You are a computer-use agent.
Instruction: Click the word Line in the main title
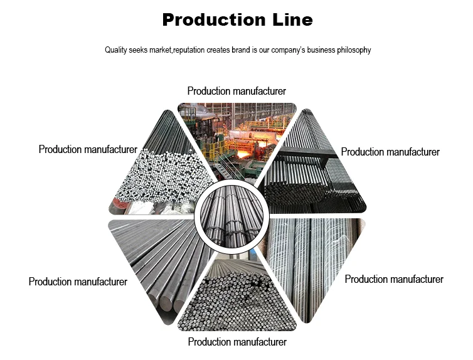coord(290,20)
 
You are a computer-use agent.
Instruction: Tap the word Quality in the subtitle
coord(117,50)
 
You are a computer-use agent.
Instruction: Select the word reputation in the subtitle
coord(193,50)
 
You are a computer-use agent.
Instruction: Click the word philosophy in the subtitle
coord(352,50)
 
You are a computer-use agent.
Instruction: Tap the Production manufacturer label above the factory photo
coord(236,92)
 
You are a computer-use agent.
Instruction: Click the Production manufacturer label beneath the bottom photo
coord(237,342)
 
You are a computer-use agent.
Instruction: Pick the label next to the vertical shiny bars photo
coord(394,279)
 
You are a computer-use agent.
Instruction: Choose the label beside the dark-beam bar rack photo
coord(390,152)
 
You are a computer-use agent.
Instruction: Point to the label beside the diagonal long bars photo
coord(78,282)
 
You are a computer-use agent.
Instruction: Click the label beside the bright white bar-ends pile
coord(88,149)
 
